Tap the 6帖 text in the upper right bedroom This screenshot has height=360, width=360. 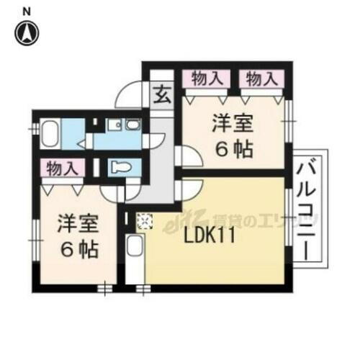[232, 149]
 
